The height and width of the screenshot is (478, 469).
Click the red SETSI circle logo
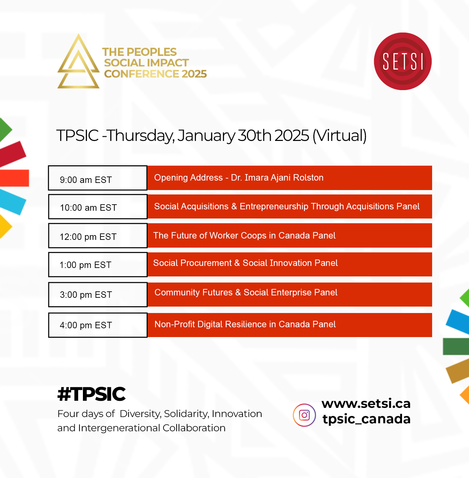coord(403,61)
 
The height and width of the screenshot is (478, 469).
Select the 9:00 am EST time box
coord(98,178)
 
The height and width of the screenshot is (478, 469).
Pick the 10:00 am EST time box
coord(98,207)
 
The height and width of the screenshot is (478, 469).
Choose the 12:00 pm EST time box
coord(98,235)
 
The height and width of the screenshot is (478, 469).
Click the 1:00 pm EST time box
coord(98,265)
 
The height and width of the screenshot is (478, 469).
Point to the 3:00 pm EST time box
coord(98,294)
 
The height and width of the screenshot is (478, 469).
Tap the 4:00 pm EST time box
coord(98,325)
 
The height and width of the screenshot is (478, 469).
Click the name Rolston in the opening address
coord(308,178)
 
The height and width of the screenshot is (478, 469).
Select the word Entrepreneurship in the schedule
coord(274,207)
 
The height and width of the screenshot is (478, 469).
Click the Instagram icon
coord(304,415)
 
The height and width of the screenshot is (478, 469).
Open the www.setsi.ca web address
coord(366,403)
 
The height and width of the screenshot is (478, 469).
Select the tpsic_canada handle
coord(366,419)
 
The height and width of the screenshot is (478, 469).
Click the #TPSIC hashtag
coord(91,394)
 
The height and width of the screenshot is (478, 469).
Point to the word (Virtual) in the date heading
coord(339,136)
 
